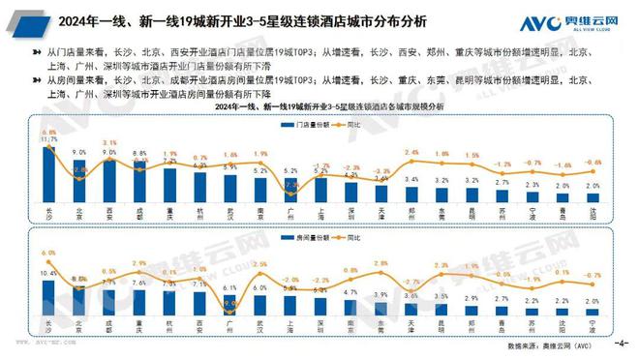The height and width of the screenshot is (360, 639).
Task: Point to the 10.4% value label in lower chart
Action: (x=48, y=274)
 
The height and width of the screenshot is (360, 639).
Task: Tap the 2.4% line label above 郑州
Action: (x=411, y=153)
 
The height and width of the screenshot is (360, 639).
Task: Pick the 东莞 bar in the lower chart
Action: (x=380, y=309)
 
